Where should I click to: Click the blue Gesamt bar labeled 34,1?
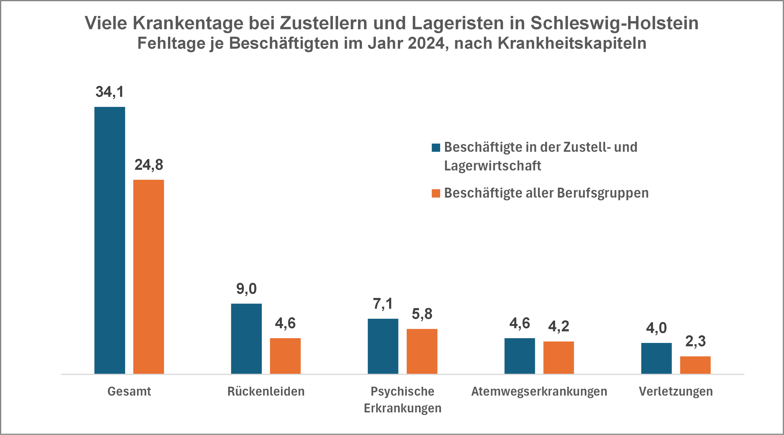(x=110, y=240)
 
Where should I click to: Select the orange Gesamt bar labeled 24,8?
(x=149, y=277)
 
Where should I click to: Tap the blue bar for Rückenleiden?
(x=246, y=339)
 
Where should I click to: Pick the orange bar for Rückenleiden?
(x=285, y=356)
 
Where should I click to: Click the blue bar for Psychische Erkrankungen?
(x=383, y=346)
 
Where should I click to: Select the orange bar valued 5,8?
(x=422, y=351)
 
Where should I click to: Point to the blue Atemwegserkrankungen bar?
(x=520, y=356)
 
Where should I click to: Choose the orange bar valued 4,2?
(x=559, y=357)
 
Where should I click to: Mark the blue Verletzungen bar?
(x=656, y=358)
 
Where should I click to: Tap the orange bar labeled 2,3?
(x=695, y=365)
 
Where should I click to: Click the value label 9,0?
(x=246, y=289)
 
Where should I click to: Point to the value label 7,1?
(x=383, y=304)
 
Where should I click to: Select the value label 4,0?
(x=656, y=328)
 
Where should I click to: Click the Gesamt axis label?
(x=129, y=391)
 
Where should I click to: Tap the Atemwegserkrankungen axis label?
(x=539, y=391)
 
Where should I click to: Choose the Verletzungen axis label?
(x=676, y=391)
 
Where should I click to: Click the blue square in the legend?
(x=436, y=148)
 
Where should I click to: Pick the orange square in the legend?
(x=436, y=193)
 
